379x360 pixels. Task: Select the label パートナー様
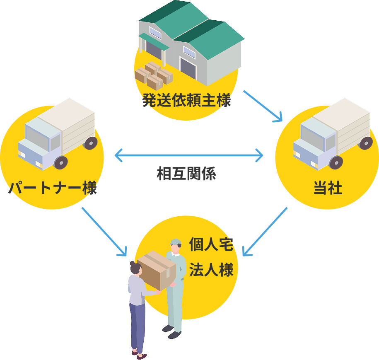point(52,188)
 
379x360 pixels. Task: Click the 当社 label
point(328,188)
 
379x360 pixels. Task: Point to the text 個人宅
point(211,245)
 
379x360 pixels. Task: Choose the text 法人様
point(211,270)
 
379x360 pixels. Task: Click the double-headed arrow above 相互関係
point(189,156)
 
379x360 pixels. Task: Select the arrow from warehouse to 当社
point(262,106)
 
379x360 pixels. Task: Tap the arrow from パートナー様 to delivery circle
point(104,231)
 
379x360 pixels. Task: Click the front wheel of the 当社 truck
point(336,162)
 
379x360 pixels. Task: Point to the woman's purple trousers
point(138,327)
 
